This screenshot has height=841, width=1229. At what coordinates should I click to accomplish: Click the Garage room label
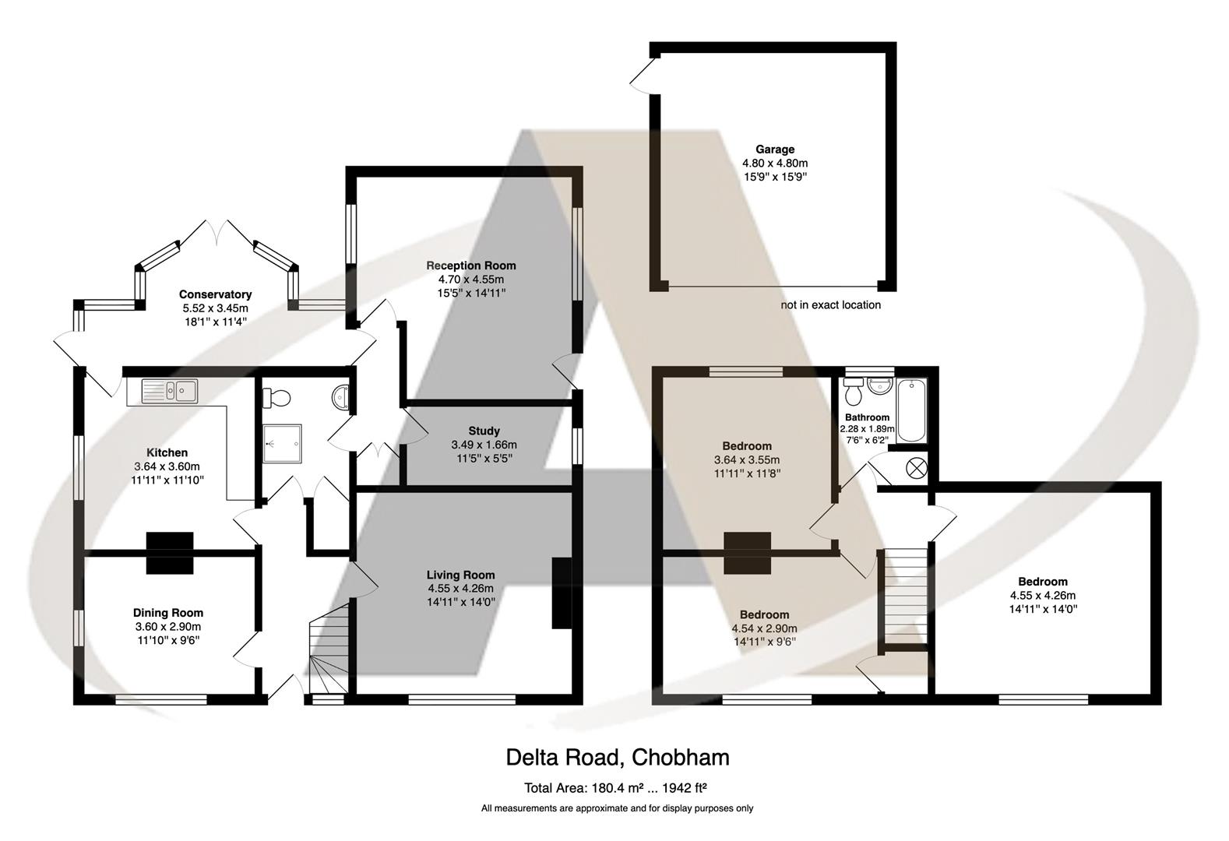tap(774, 150)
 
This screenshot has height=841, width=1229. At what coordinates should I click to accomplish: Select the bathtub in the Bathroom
tap(912, 410)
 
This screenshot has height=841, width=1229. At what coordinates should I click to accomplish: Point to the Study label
tap(484, 431)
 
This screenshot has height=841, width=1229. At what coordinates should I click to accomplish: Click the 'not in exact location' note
tap(830, 305)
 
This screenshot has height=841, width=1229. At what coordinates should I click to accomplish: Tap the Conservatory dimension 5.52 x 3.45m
tap(215, 308)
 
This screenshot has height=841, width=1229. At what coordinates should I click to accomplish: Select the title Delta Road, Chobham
tap(617, 757)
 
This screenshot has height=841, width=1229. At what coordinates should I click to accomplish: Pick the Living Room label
tap(460, 575)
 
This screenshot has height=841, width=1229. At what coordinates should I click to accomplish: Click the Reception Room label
tap(470, 266)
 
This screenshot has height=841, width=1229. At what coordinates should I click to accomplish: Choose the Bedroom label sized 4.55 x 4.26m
tap(1043, 582)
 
